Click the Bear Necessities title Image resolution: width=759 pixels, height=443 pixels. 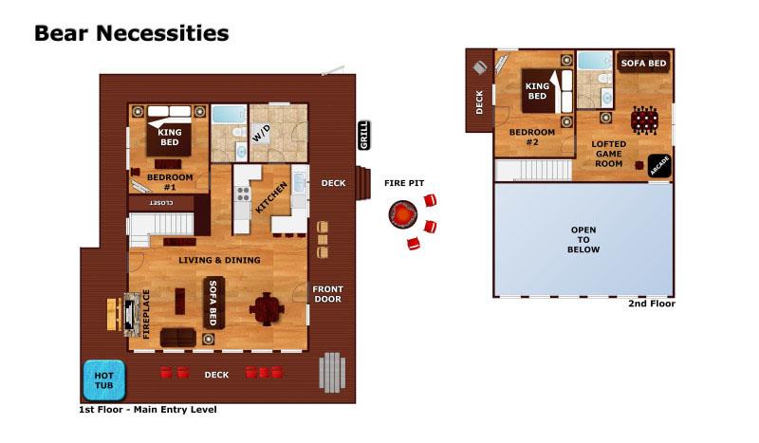(x=131, y=33)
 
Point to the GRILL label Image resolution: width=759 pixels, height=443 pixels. (x=363, y=136)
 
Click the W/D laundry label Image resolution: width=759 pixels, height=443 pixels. (x=261, y=134)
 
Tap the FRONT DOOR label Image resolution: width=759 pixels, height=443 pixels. (x=328, y=294)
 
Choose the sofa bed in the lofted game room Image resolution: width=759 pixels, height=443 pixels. (x=643, y=64)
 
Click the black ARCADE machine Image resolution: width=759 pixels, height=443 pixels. (x=659, y=165)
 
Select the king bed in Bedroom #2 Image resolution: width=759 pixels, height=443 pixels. (x=538, y=90)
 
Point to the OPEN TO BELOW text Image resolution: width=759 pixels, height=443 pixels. (x=583, y=240)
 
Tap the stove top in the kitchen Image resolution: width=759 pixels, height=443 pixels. (x=242, y=195)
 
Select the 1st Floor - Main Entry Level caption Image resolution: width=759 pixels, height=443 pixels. (x=147, y=410)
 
